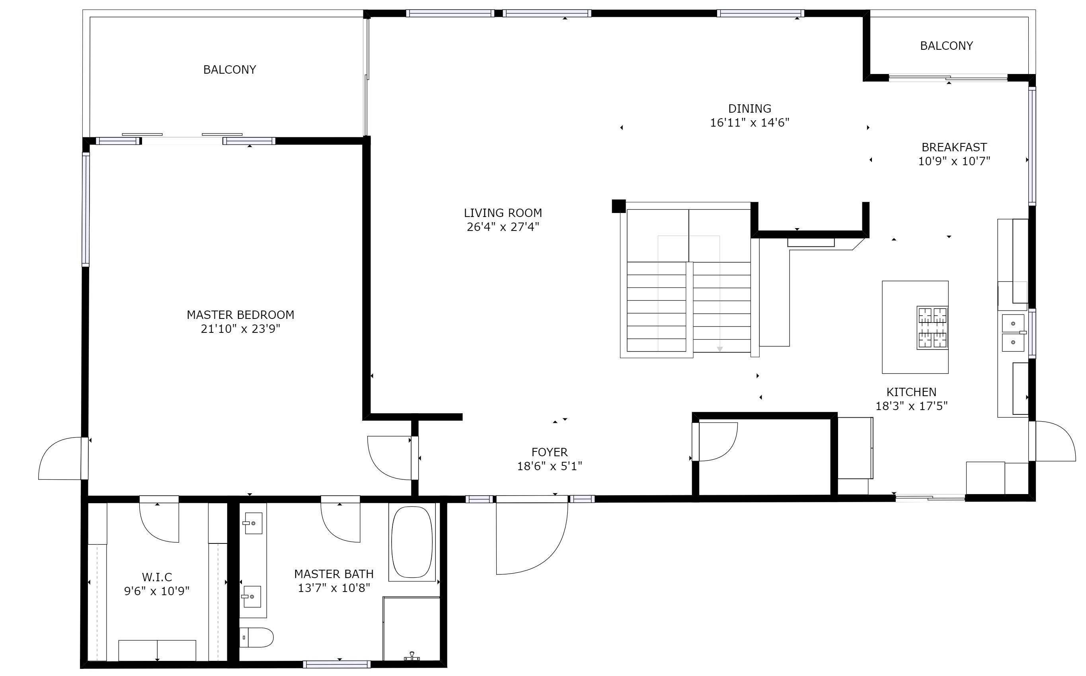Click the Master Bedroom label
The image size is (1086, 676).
pos(240,315)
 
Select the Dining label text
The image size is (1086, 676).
pos(749,109)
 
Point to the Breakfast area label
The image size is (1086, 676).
pos(954,147)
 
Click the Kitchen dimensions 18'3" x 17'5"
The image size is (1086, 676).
pos(911,406)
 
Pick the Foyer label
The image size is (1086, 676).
pos(549,452)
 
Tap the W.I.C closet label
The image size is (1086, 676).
pos(156,577)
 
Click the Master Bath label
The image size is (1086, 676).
pos(333,574)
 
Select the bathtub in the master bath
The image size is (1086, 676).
pos(412,542)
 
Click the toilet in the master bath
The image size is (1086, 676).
pos(256,637)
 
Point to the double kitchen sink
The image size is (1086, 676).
pos(1013,333)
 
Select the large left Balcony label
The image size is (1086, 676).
pos(229,70)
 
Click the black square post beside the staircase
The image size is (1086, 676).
pos(618,206)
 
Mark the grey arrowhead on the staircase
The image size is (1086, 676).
pos(719,349)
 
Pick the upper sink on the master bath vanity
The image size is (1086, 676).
pos(253,523)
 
